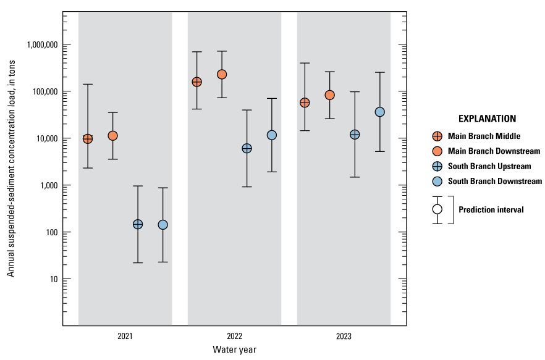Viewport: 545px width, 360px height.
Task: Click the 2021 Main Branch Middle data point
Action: (x=88, y=139)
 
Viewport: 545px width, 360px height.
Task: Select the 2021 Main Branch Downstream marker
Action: (x=112, y=136)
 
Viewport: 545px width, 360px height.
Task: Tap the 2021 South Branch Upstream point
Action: (x=138, y=224)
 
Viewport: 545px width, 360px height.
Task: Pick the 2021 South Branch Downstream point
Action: (x=163, y=225)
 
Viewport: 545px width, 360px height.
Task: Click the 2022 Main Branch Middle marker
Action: (x=197, y=82)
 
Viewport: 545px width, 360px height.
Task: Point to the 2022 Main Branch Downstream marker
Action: (x=222, y=74)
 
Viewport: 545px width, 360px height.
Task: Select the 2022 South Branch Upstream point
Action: (x=247, y=148)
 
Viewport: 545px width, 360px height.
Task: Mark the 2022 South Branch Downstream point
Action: (x=272, y=135)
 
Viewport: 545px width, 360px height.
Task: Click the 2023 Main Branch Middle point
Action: (x=305, y=103)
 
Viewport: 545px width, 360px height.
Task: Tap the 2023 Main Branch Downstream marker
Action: (x=330, y=95)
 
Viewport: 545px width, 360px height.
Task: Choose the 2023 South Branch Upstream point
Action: (x=355, y=135)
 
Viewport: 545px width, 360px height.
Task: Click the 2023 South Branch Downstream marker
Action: (x=379, y=112)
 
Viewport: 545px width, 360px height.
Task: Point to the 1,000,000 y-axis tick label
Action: (x=41, y=44)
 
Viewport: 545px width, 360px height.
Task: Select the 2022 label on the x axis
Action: (x=234, y=337)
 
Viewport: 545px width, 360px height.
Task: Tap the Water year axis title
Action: (x=234, y=350)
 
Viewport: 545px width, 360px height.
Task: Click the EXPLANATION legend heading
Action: (x=487, y=119)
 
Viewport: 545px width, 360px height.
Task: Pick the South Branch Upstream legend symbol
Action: (x=437, y=166)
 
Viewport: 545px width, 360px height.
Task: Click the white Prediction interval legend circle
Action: (x=437, y=209)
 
